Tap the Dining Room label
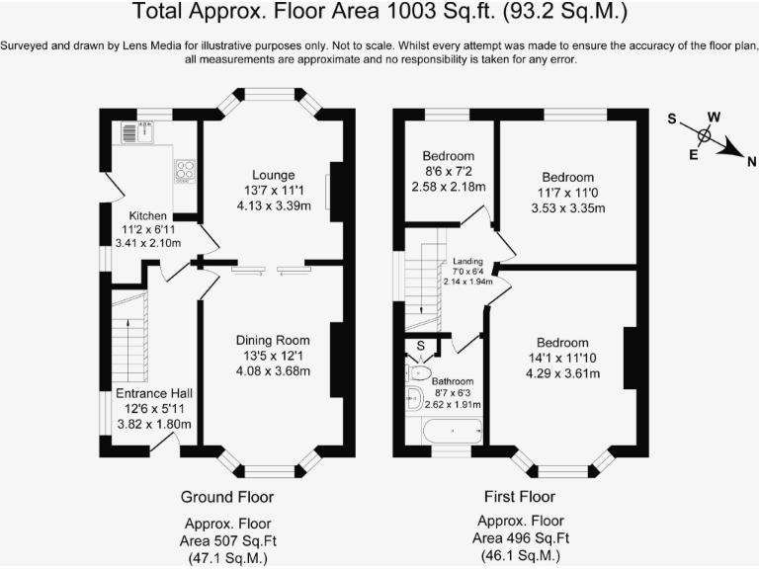point(273,340)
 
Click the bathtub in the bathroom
point(451,431)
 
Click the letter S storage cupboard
point(421,347)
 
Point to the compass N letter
point(751,162)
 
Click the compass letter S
point(672,120)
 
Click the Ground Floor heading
point(227,496)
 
